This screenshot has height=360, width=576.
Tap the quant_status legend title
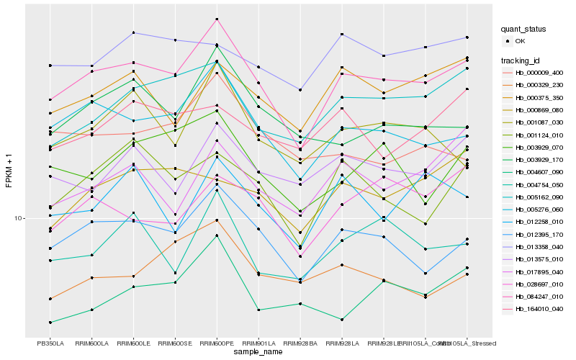tap(523, 29)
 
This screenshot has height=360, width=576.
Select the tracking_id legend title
tap(521, 60)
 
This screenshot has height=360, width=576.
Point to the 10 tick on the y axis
tap(20, 218)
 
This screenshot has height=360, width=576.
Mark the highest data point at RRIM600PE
tap(217, 19)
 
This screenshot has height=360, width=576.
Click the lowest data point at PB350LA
tap(50, 323)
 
